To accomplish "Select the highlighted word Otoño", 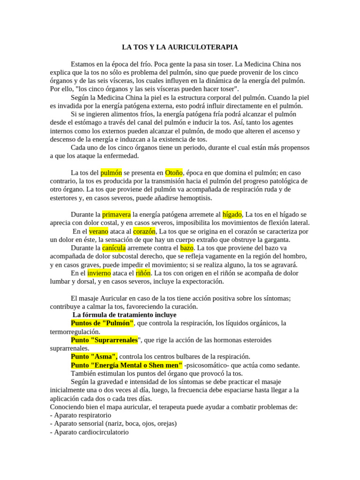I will coord(173,172).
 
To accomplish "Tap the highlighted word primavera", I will coord(117,214).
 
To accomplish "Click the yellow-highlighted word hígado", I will coord(232,214).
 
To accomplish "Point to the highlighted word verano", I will coord(98,231).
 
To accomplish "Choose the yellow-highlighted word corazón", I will coord(143,231).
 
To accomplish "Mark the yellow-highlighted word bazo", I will coord(187,247).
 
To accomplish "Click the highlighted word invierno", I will coord(99,273).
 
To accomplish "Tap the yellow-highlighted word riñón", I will coord(143,273).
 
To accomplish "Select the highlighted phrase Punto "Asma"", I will coord(94,356).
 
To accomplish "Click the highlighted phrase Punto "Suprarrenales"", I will coord(104,340).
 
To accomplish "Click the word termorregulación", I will coord(75,331).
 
